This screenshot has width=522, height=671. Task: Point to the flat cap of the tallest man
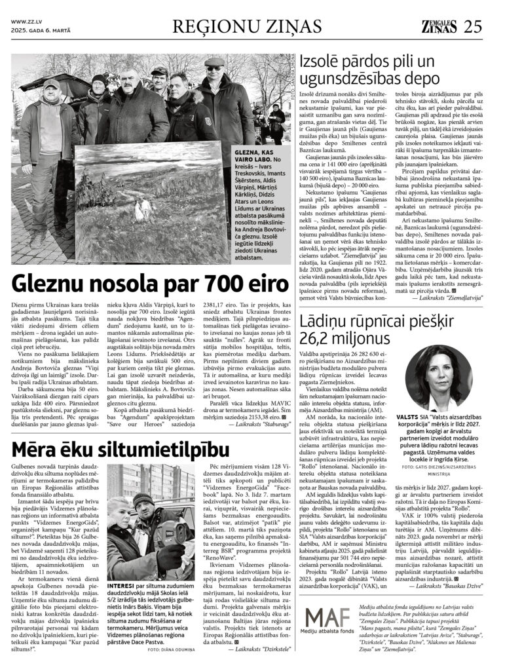tap(214, 64)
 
